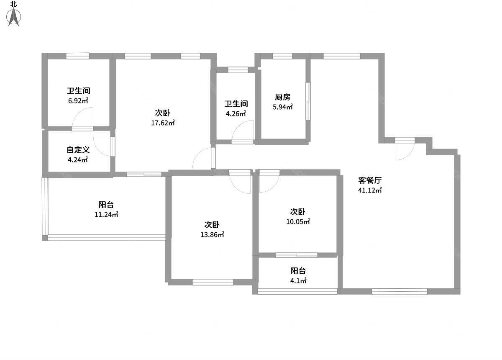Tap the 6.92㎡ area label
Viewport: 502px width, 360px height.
point(78,100)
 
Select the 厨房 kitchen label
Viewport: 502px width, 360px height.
point(283,97)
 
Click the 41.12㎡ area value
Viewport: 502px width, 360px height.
point(370,190)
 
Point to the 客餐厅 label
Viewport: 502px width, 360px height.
point(370,180)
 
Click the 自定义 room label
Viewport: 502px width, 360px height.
point(78,150)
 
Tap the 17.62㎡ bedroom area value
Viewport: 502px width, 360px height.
point(163,123)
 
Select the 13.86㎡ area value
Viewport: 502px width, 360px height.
point(212,234)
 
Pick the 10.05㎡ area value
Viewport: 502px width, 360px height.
point(298,221)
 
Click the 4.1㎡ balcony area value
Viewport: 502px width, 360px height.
point(298,280)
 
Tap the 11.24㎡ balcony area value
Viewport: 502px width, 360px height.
point(106,214)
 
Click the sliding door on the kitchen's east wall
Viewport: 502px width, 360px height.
point(308,101)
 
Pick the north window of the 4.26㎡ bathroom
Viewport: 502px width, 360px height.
point(238,70)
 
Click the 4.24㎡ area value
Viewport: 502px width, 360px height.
point(78,160)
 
